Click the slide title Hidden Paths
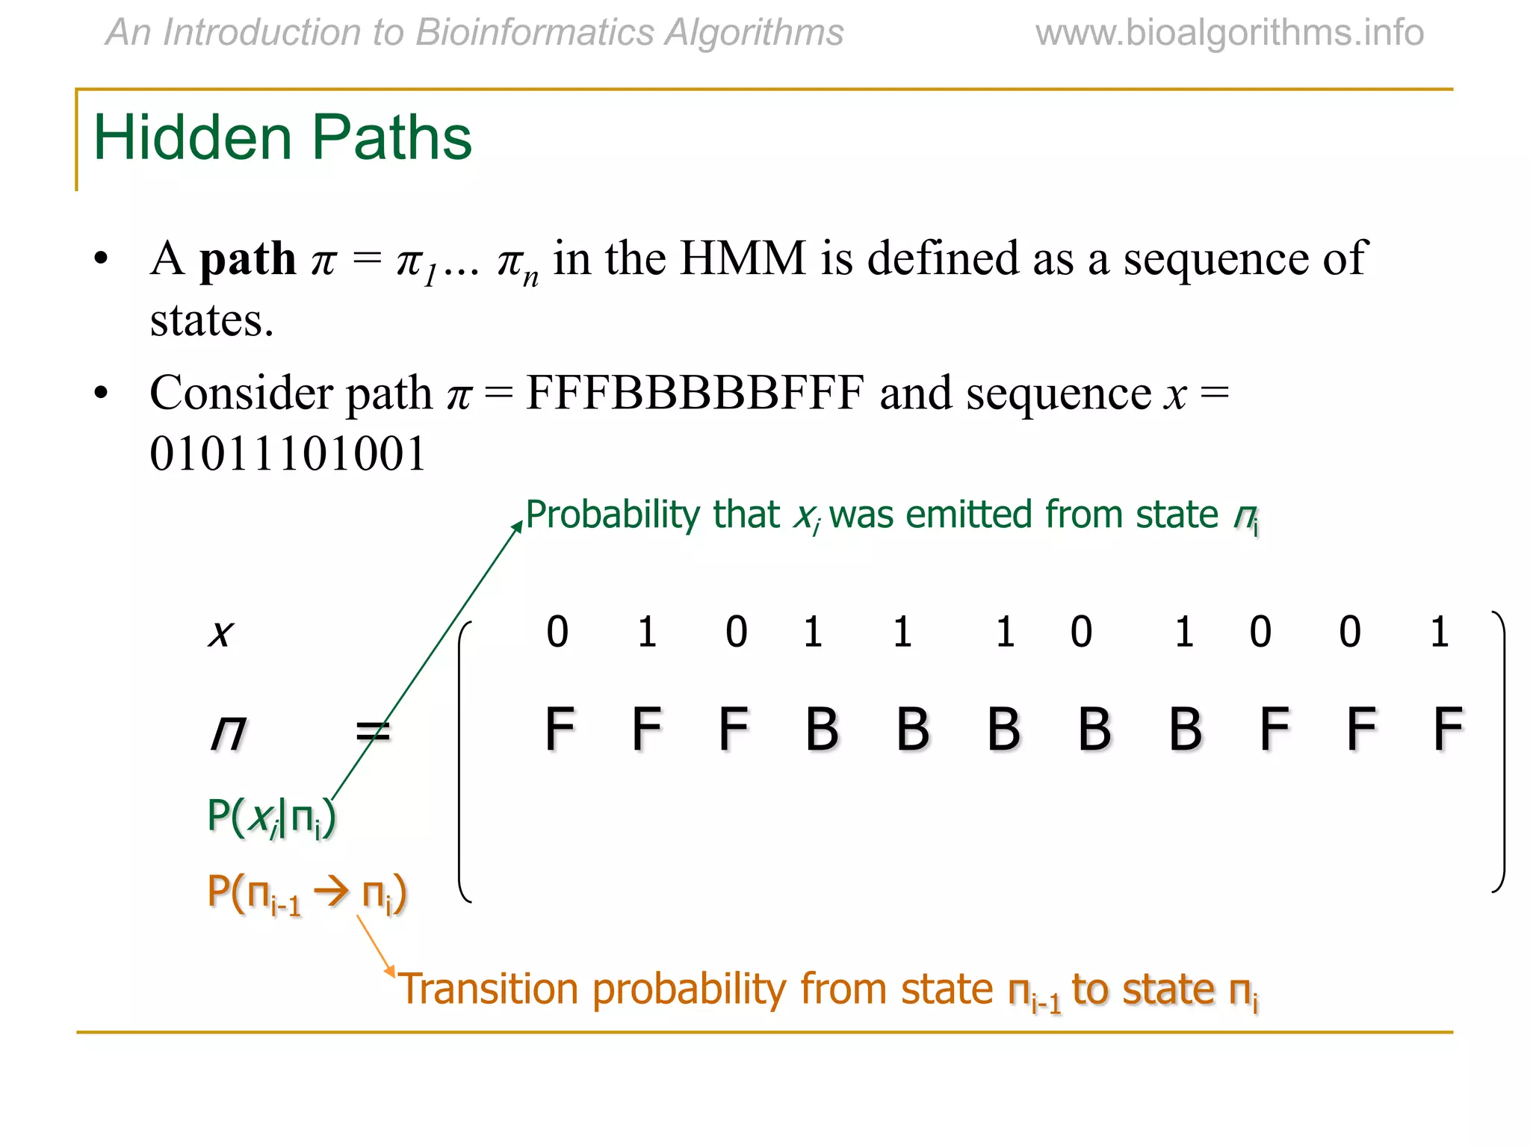pos(282,138)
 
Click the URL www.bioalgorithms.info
pos(1229,33)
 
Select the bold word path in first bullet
pos(247,260)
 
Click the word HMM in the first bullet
pos(743,258)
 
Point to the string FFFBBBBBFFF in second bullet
pos(695,394)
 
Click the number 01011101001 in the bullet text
pos(288,454)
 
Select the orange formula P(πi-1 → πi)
pos(306,893)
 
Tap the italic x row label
pos(220,633)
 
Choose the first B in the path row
pos(822,730)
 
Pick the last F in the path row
pos(1448,730)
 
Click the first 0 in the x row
pos(557,632)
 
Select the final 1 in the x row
pos(1440,632)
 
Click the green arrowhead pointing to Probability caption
pos(518,526)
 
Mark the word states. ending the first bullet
pos(211,321)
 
